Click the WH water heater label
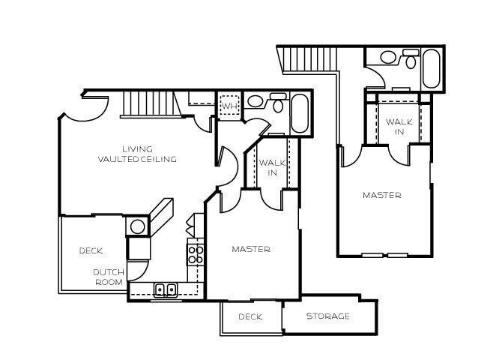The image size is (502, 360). click(229, 106)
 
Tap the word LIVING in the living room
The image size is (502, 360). click(137, 148)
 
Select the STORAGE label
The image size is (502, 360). click(327, 316)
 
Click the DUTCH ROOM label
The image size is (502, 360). click(109, 277)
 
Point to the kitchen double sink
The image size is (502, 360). click(165, 289)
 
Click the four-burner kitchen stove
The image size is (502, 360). click(196, 254)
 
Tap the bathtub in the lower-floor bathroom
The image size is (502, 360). click(299, 112)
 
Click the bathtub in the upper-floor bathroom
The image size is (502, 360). click(432, 68)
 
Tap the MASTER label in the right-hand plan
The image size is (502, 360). click(381, 195)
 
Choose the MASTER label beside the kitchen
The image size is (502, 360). click(250, 249)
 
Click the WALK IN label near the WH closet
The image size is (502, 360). click(269, 167)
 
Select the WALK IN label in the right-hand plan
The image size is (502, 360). click(396, 127)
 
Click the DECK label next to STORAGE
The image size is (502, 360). click(250, 316)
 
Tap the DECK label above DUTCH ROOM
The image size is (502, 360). click(91, 250)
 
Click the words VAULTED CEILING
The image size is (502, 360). click(137, 159)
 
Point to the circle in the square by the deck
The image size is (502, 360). click(138, 226)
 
